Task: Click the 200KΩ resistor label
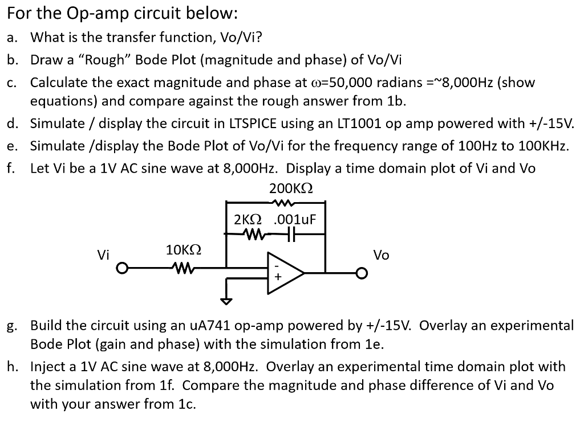point(290,188)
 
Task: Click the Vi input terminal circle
point(121,268)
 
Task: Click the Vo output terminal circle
point(360,273)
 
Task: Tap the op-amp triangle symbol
point(285,272)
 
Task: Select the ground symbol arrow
point(227,300)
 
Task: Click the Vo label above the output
point(381,255)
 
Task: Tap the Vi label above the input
point(103,255)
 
